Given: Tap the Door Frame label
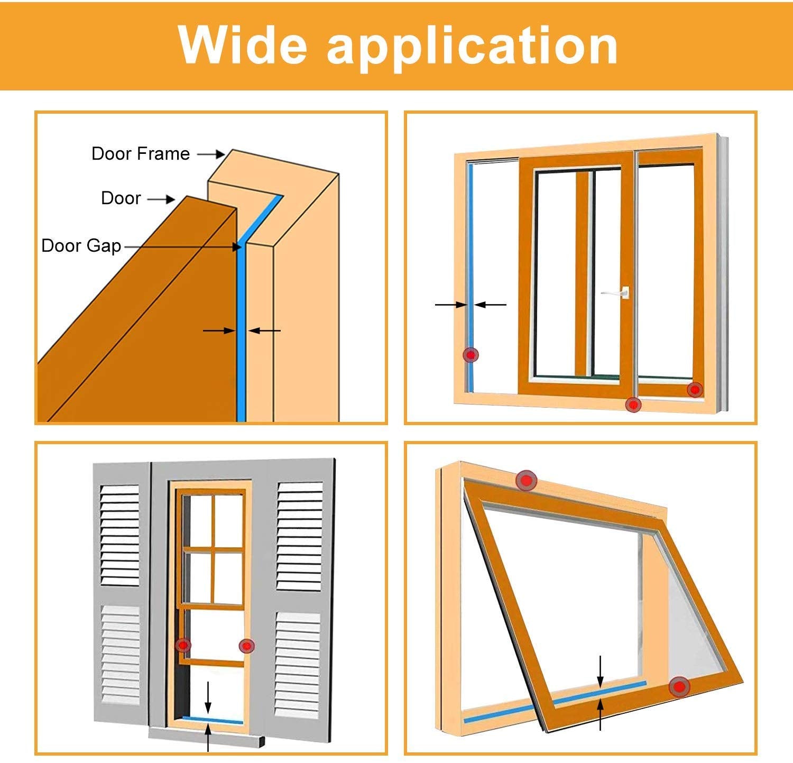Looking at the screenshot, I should pos(140,154).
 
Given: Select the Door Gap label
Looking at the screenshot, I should pos(81,246).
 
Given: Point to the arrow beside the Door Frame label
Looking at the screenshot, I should pos(211,154).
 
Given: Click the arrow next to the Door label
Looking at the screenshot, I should pos(161,199).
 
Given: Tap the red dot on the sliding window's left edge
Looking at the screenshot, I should pos(471,355).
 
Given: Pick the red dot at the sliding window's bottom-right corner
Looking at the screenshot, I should pos(695,390).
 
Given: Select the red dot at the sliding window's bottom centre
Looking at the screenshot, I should pos(633,405).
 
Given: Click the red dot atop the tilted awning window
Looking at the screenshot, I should pos(526,480).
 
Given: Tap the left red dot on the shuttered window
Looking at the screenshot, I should pos(183,645).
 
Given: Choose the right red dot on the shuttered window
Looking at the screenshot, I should pos(246,646).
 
